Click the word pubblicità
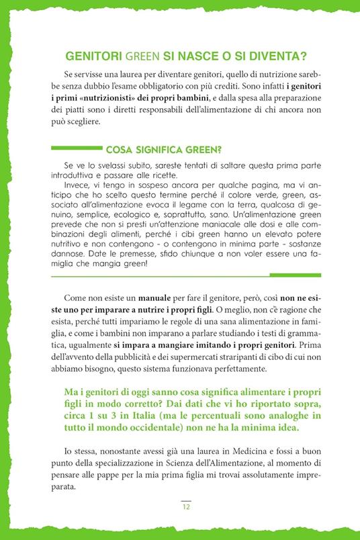[x=151, y=357]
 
